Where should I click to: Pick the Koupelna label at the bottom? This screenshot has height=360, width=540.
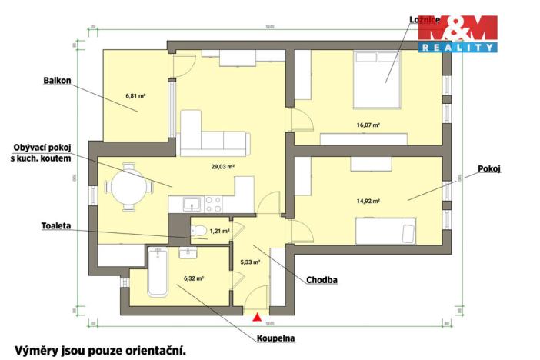[277, 337]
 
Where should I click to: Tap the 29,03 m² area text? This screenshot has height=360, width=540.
[223, 166]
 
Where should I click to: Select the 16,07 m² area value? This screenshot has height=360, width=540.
[368, 125]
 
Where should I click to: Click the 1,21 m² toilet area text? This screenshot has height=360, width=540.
[219, 230]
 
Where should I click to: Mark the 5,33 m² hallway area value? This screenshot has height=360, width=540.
[250, 262]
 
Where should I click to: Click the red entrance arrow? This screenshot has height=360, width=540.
[258, 315]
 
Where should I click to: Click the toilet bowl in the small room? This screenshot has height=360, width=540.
[199, 230]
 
